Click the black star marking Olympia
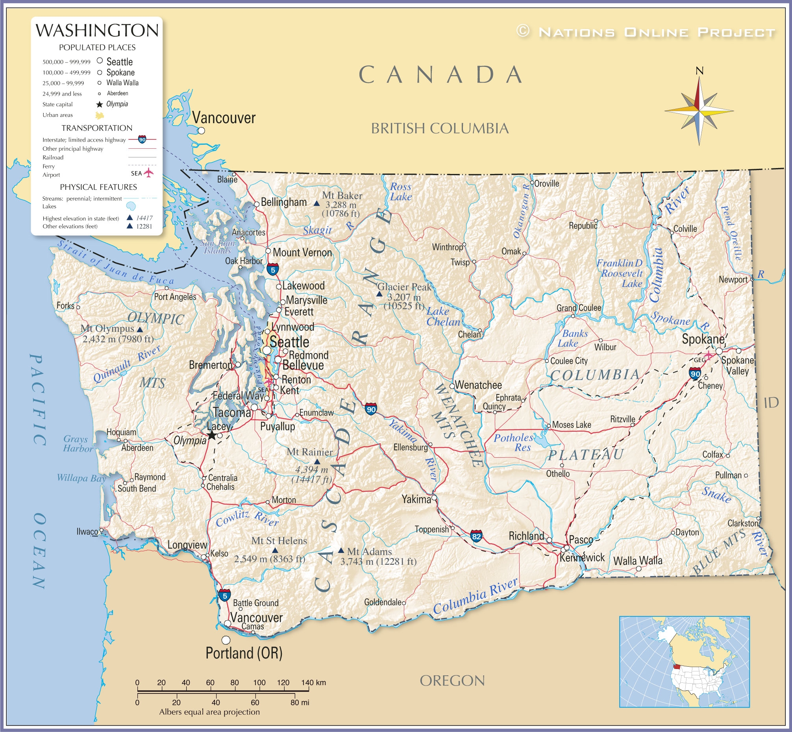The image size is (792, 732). tap(212, 435)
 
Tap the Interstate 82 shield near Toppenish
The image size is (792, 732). tap(476, 537)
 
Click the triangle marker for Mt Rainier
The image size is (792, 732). tap(317, 462)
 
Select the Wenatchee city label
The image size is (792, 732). tap(478, 385)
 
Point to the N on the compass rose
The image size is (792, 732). tap(699, 71)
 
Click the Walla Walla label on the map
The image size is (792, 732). tap(637, 560)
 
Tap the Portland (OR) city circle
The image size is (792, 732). tap(226, 640)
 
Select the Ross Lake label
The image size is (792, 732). tap(401, 192)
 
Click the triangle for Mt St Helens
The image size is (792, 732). tap(275, 551)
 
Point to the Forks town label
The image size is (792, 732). tap(65, 306)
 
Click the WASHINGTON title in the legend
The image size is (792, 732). tap(97, 31)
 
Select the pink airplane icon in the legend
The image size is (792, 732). tap(148, 173)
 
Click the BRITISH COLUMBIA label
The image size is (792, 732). tap(440, 129)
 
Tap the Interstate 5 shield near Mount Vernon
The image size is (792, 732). tap(272, 269)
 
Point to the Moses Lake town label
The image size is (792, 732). tap(571, 425)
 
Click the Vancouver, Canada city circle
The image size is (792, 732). tap(201, 130)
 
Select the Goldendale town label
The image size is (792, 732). tap(383, 603)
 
